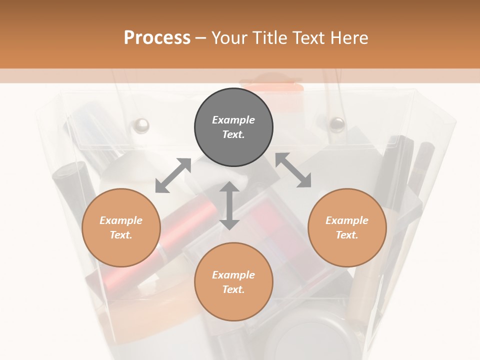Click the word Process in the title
157,38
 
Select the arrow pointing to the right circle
293,170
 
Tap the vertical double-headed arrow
229,205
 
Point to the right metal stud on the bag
337,123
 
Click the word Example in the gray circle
233,120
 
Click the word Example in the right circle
347,220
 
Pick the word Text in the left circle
120,235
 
